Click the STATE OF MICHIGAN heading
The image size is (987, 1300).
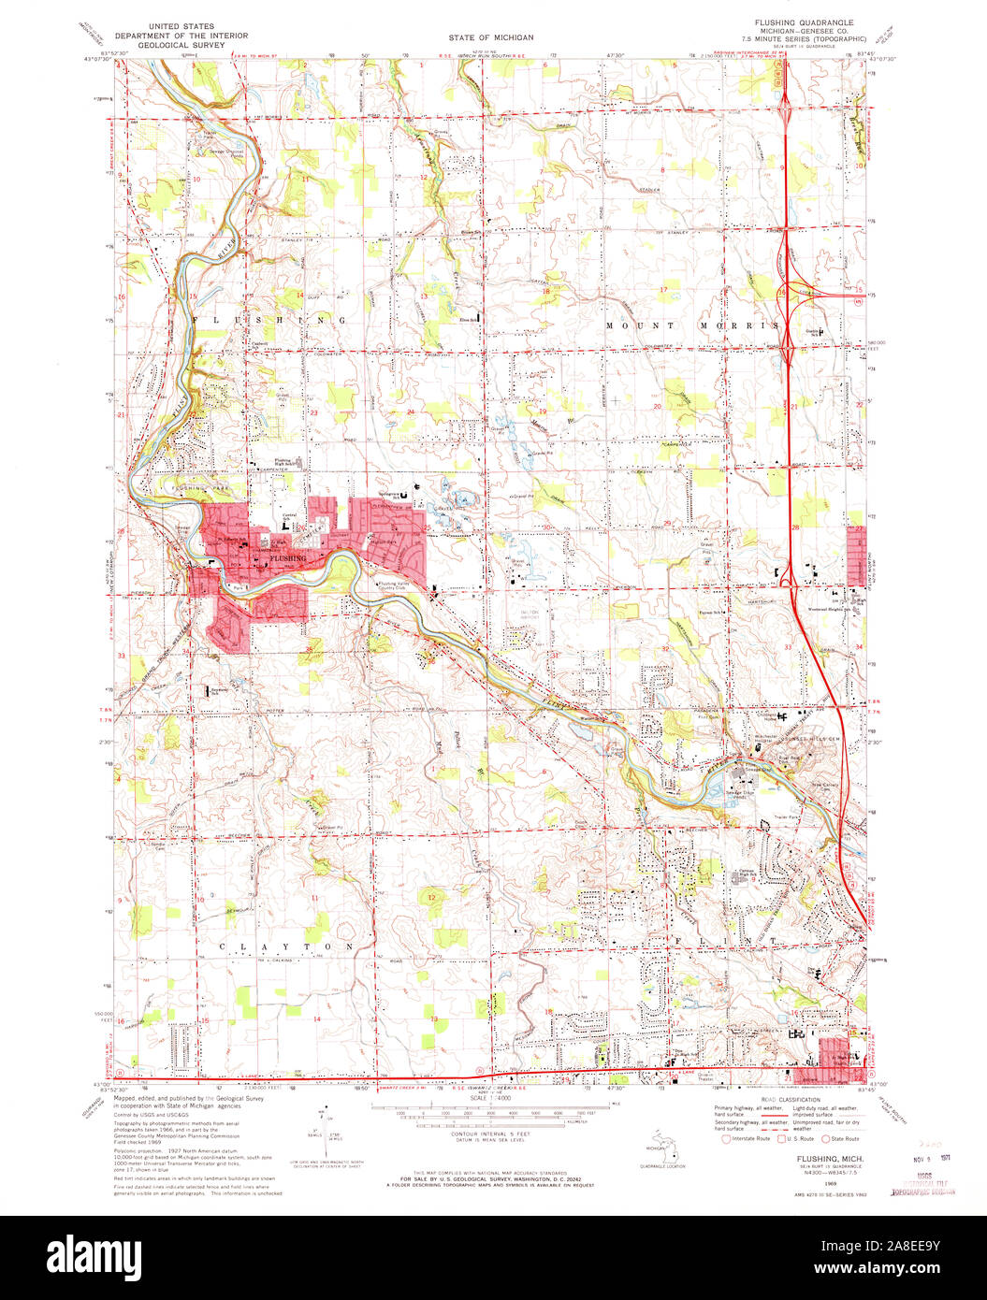[x=491, y=37]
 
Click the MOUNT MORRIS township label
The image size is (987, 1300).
[x=691, y=325]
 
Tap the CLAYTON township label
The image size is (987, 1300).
[x=286, y=946]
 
